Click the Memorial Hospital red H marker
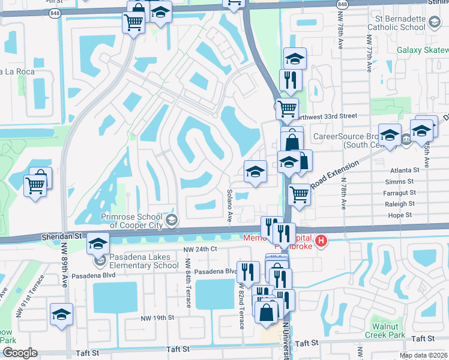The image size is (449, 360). pyautogui.click(x=322, y=242)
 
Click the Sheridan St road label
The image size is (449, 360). pyautogui.click(x=61, y=237)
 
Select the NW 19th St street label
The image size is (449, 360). pyautogui.click(x=158, y=317)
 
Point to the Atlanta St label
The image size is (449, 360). pyautogui.click(x=401, y=169)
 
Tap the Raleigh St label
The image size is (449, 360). pyautogui.click(x=399, y=203)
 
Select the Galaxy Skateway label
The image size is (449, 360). pyautogui.click(x=423, y=49)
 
